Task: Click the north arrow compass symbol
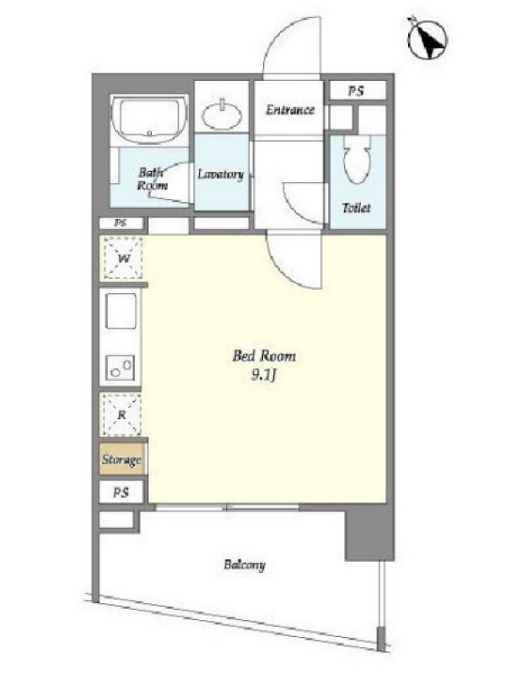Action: pos(427,39)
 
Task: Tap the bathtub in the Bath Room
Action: pos(149,119)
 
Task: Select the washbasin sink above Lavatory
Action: pos(222,115)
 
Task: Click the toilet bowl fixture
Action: pos(357,159)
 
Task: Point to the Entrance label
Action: pos(290,110)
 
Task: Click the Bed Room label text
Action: pos(264,356)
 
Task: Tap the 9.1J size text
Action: pos(263,376)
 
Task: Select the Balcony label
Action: pos(245,564)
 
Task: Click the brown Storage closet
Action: pos(121,459)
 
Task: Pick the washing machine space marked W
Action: pos(123,259)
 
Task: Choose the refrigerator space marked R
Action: pos(121,415)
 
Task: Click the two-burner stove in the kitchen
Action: pos(121,367)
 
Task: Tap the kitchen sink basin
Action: pos(121,312)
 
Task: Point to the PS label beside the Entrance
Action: pos(356,91)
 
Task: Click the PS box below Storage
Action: pos(121,492)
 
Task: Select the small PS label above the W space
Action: pos(121,223)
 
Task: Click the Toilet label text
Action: pos(356,208)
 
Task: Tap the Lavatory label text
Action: pos(221,174)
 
